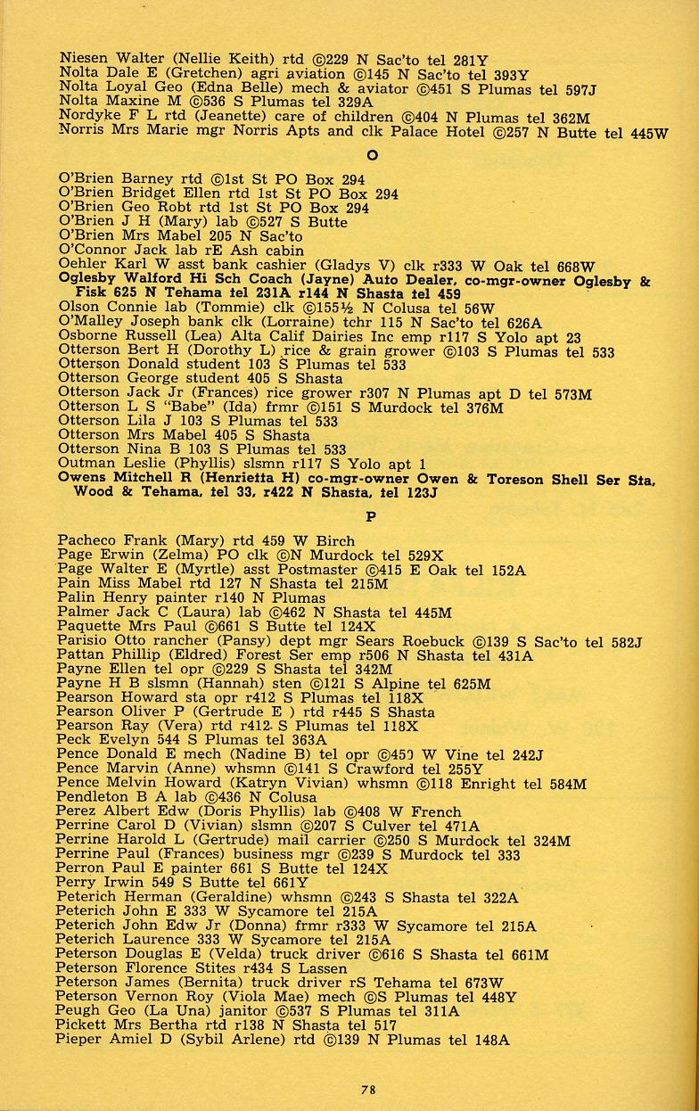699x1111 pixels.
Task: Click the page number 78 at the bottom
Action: pos(368,1087)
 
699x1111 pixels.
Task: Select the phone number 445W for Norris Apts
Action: pos(647,132)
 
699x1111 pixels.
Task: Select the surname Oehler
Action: pos(81,265)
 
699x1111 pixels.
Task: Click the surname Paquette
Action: pos(90,627)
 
